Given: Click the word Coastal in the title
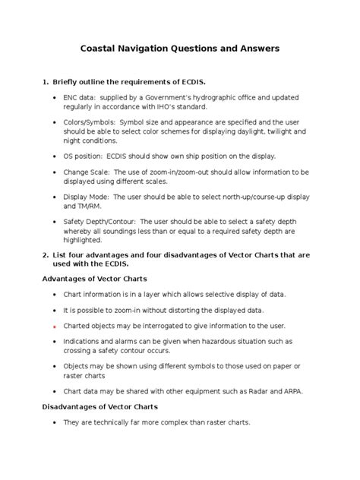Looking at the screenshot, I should coord(103,49).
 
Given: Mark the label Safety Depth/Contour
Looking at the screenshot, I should coord(106,222).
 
